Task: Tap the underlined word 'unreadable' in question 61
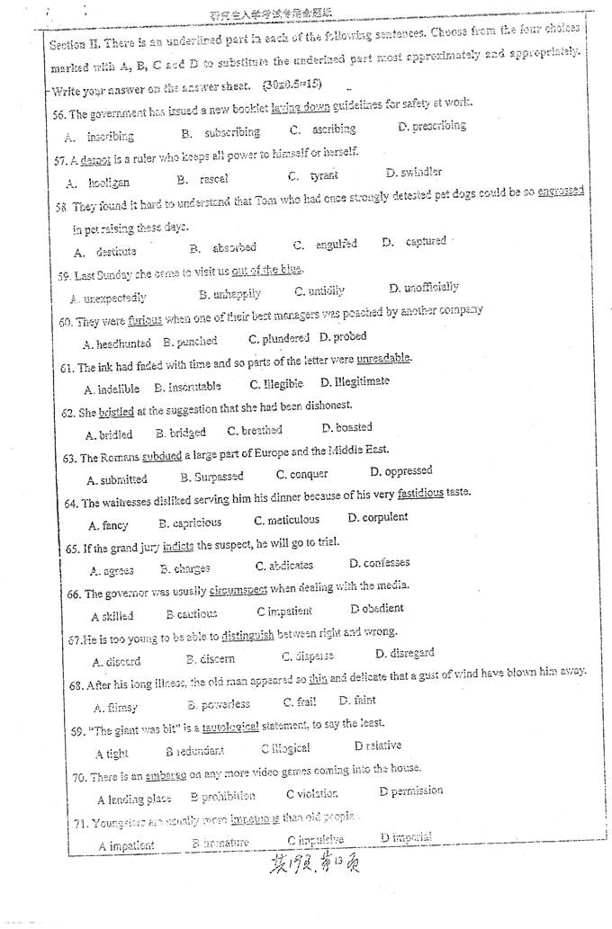[383, 359]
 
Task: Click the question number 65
[74, 548]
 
